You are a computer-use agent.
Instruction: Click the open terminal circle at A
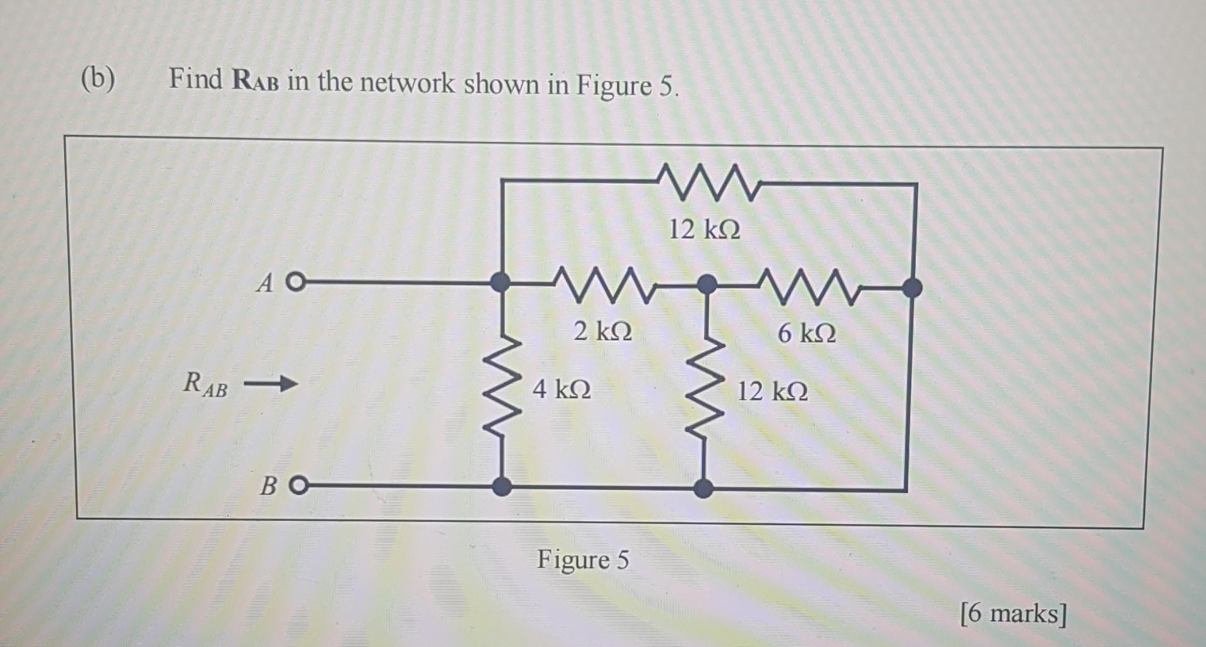296,283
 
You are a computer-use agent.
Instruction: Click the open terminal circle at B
300,486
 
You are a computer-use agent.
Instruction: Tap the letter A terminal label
266,284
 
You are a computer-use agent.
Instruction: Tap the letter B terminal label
269,486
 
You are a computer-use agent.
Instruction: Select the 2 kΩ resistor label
603,330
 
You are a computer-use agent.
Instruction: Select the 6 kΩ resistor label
807,333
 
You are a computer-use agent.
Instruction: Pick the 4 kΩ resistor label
562,389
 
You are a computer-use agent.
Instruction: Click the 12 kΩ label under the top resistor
704,229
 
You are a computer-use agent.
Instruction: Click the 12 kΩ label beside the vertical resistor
772,391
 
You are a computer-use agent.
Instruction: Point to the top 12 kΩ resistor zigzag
708,182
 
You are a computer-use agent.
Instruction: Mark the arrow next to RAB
270,383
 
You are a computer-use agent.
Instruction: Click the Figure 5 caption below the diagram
582,559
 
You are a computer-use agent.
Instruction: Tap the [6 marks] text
1013,613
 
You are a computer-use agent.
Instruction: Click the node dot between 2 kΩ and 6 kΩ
707,284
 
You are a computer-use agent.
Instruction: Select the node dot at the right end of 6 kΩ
912,288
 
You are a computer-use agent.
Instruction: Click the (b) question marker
98,80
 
